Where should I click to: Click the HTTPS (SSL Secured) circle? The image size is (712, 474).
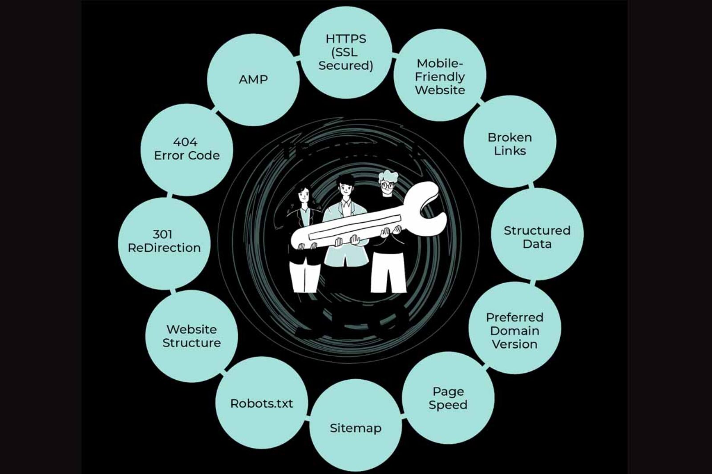pos(346,52)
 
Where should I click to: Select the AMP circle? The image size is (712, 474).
pos(253,80)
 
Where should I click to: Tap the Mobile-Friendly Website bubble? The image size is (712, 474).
pos(440,76)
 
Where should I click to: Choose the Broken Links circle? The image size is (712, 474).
pos(510,143)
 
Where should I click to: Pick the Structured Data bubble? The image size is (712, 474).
pos(537,237)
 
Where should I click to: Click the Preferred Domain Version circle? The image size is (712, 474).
pos(514,330)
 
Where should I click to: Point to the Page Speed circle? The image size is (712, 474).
pos(448,398)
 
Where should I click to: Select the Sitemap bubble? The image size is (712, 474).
pos(355,428)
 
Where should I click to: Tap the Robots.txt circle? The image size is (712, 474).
pos(262,403)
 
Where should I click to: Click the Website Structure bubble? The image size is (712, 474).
pos(191,336)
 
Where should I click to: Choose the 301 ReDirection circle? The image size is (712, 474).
pos(164,241)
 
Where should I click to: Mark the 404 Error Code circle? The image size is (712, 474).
pos(186,149)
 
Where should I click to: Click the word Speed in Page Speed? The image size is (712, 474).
pos(448,405)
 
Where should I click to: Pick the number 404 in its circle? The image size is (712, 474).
pos(185,142)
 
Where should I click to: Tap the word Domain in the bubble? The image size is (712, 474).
pos(514,331)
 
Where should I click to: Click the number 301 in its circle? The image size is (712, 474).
pos(162,234)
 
